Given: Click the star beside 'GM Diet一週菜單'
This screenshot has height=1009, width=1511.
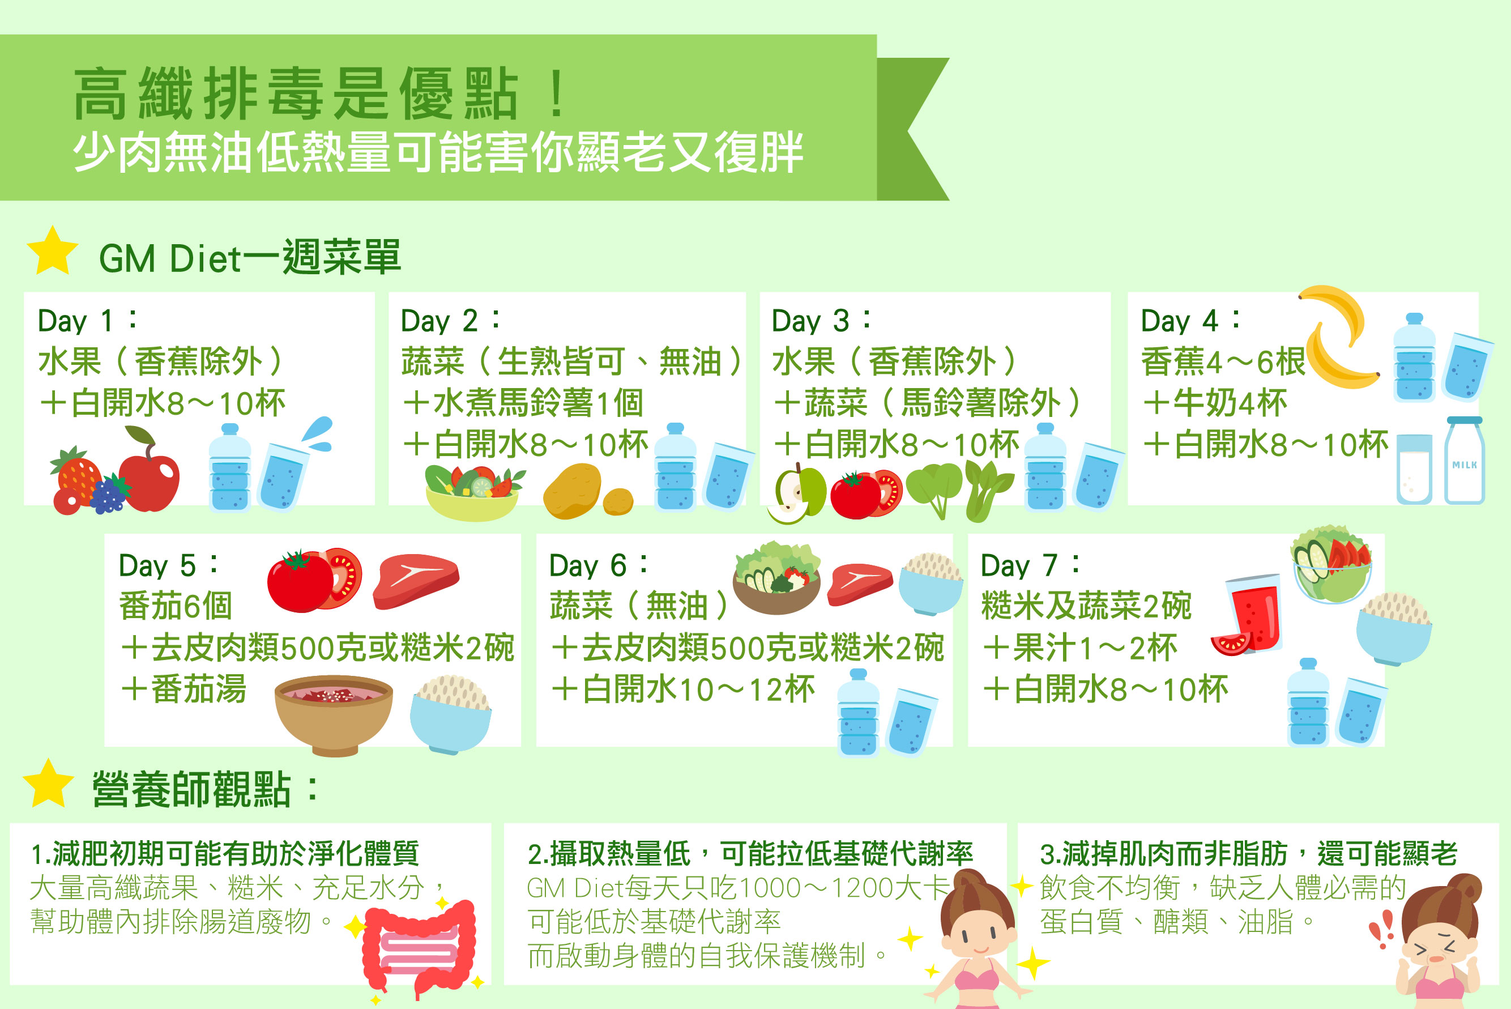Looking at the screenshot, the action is (x=53, y=251).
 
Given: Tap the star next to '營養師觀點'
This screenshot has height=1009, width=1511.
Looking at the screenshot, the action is (x=48, y=783).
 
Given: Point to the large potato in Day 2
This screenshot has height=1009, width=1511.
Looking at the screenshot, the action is (x=572, y=491).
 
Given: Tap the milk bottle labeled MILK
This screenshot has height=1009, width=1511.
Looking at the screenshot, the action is (x=1464, y=461).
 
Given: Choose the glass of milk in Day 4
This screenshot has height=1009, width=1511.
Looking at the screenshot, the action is (x=1415, y=469).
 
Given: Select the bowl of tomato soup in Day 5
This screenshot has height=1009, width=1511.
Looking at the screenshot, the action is (x=333, y=714).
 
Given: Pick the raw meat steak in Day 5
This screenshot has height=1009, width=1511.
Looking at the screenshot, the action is (x=416, y=581).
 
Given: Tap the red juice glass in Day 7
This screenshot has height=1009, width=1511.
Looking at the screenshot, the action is (x=1251, y=615).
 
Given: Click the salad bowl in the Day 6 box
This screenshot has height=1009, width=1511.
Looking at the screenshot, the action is (x=776, y=578).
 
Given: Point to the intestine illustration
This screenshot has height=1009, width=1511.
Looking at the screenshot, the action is (x=419, y=947).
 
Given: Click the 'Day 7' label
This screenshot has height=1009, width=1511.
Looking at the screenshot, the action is (x=1029, y=565).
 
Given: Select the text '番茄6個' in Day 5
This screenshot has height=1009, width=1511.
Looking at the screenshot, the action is (x=176, y=606).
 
